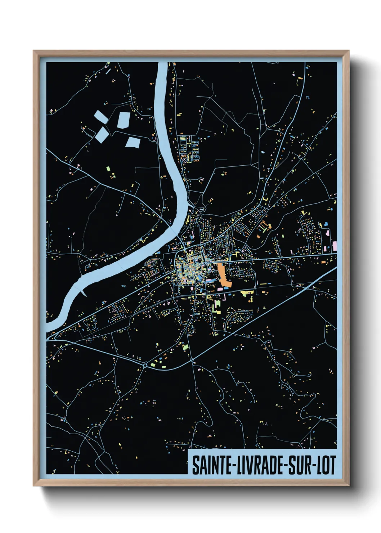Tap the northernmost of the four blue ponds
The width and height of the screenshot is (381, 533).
coord(124,120)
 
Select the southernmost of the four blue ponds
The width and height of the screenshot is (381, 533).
coord(133,142)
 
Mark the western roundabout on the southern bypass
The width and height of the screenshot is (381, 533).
coord(145,365)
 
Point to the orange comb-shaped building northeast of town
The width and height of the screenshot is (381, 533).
coord(265,227)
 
